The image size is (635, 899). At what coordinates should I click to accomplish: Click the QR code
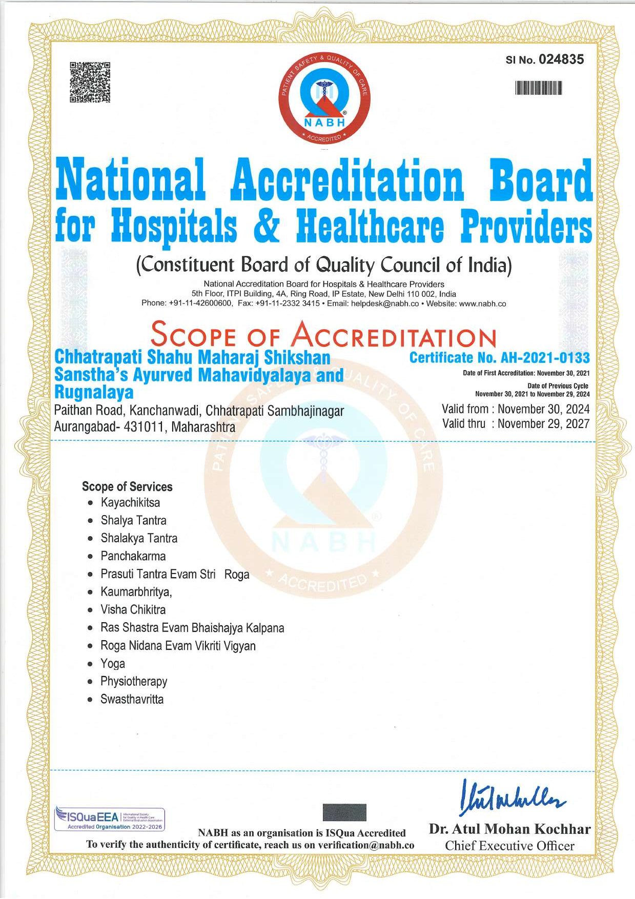point(90,82)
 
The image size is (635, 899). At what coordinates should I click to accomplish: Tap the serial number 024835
point(561,59)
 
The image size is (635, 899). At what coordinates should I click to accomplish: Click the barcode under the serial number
point(539,88)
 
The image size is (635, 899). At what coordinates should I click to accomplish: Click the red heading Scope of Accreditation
point(323,335)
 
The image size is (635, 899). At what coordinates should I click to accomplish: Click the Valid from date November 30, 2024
point(543,409)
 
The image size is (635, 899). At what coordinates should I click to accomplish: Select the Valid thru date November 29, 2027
point(543,424)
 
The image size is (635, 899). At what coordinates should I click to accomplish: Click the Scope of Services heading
point(127,486)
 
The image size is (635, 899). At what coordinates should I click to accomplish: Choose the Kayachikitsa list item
point(130,502)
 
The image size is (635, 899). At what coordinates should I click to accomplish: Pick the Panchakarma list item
point(133,556)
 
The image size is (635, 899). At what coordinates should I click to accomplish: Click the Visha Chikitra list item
point(133,610)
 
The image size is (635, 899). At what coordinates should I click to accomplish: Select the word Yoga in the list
point(113,664)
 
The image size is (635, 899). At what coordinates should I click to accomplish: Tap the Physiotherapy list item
point(134,682)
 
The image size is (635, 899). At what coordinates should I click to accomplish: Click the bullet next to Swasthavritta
point(90,700)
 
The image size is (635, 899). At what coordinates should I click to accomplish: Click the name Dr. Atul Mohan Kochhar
point(509,829)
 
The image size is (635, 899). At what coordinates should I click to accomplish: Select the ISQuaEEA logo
point(109,819)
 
